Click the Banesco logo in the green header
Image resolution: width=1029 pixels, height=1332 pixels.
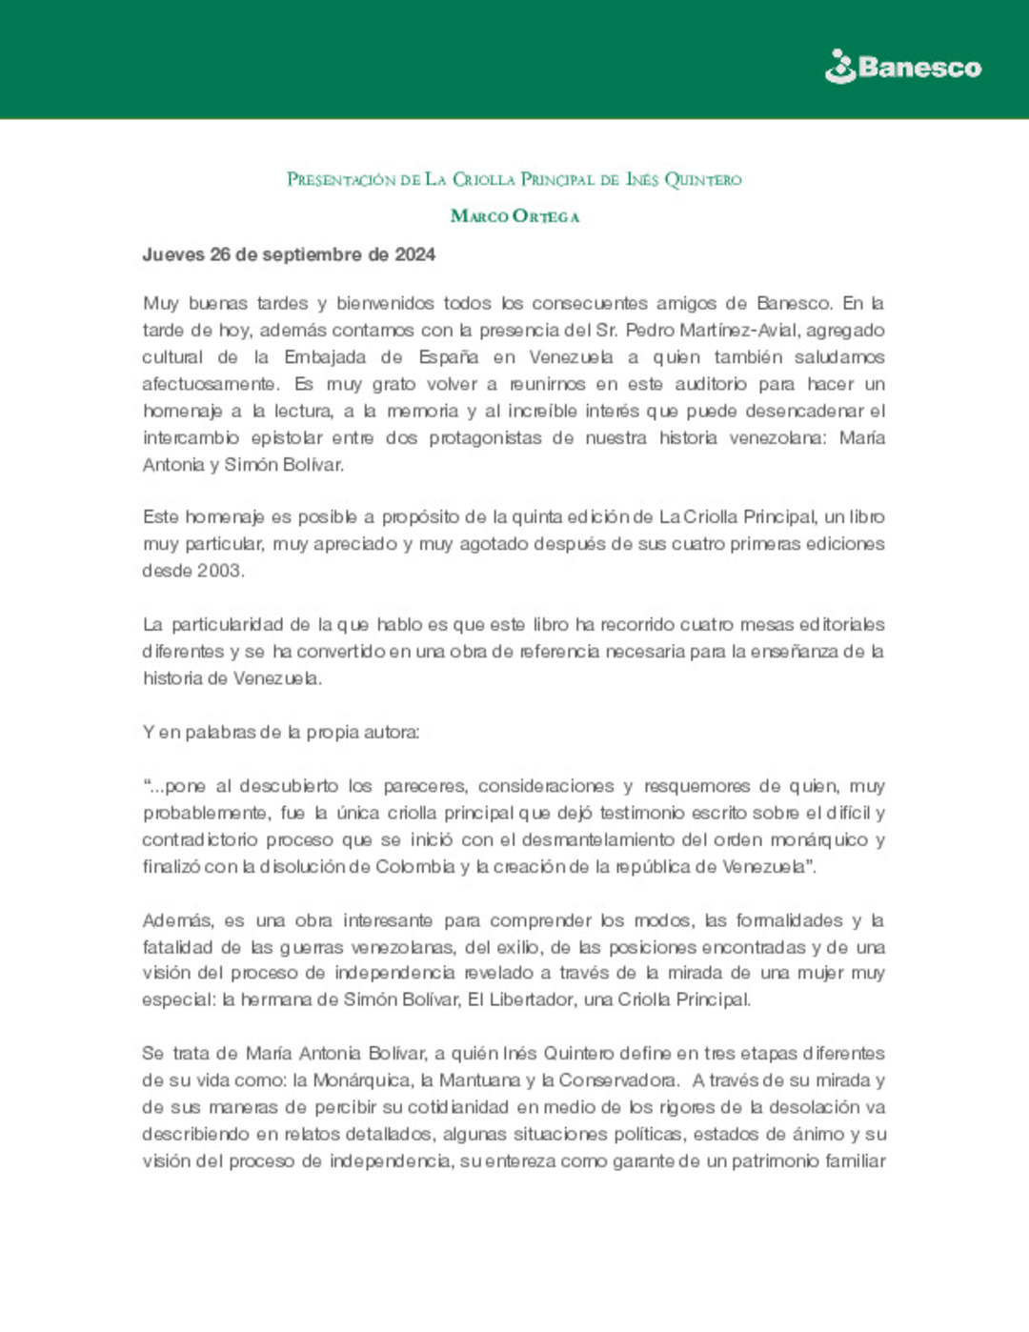click(x=902, y=67)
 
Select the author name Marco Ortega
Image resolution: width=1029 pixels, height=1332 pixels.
click(x=514, y=216)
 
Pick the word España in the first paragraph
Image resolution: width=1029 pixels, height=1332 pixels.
click(x=448, y=357)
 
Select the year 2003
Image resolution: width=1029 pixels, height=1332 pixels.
click(x=219, y=571)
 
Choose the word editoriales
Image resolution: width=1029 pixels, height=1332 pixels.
click(x=841, y=624)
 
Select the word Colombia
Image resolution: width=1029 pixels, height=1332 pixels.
click(x=414, y=866)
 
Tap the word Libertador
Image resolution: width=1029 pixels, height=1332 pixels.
click(x=526, y=999)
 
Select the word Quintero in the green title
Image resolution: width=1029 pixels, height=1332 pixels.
click(x=702, y=179)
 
